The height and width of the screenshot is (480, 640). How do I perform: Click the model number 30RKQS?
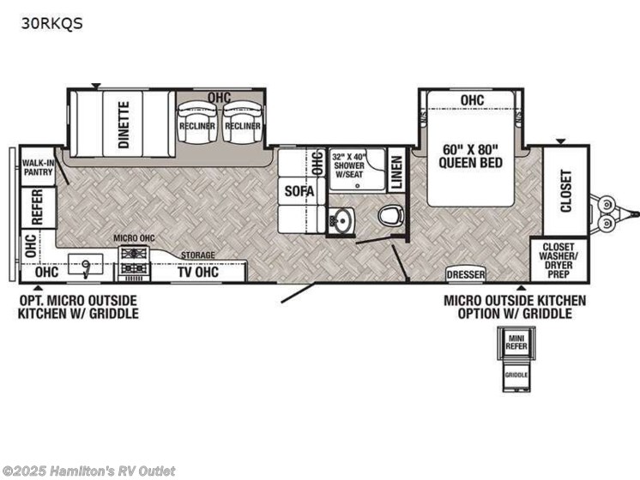click(52, 24)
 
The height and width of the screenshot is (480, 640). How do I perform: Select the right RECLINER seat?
click(242, 123)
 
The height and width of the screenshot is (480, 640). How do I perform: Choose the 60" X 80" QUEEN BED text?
click(468, 154)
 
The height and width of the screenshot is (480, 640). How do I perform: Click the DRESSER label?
click(465, 274)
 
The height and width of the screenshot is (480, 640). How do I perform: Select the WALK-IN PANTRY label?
click(37, 167)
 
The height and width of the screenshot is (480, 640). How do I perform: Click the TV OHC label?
click(198, 273)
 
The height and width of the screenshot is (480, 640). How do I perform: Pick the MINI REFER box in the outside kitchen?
click(516, 345)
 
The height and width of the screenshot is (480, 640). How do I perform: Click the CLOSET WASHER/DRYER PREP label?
click(558, 258)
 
